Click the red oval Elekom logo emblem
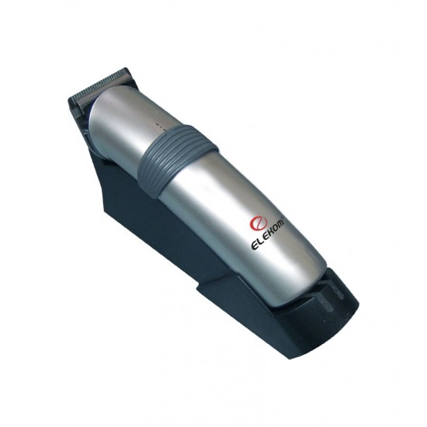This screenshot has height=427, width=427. point(256,223)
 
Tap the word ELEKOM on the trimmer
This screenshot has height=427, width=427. point(267,234)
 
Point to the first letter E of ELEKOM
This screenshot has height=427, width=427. point(254,246)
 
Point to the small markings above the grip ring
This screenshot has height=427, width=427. point(161,127)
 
